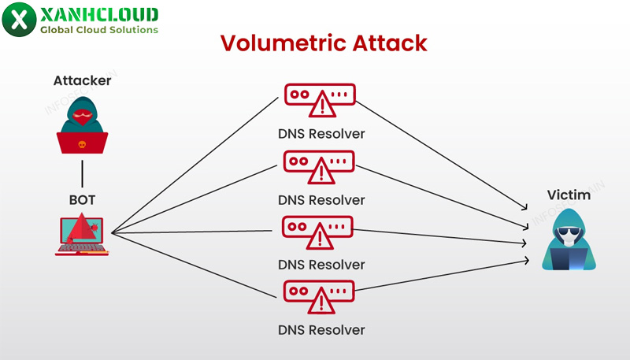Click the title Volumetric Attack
coord(323,43)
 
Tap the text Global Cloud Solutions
coord(98,30)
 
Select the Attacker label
coord(83,80)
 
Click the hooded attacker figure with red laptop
coord(82,126)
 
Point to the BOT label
coord(82,200)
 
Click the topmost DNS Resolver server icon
coord(319,99)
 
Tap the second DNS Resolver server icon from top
coord(319,165)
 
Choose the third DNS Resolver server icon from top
coord(319,231)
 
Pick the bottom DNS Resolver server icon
coord(319,296)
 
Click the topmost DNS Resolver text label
coord(321,134)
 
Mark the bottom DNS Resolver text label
coord(321,330)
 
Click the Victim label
coord(569,195)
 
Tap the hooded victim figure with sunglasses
coord(569,240)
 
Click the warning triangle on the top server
coord(321,102)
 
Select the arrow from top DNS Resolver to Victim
coord(441,154)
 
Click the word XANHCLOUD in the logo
coord(98,14)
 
